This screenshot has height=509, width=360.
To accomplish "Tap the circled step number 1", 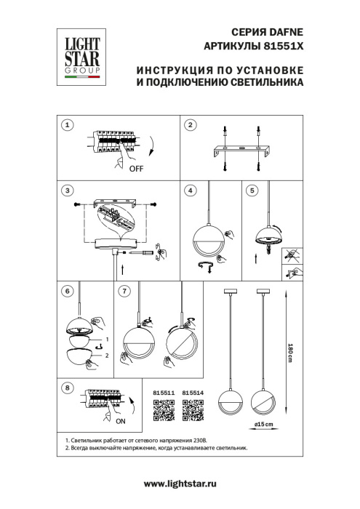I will (67, 125).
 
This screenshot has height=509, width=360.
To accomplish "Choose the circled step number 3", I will (67, 191).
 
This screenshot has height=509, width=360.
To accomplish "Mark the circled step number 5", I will (252, 191).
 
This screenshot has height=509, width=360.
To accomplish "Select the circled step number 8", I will (67, 388).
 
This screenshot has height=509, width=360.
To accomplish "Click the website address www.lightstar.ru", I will (180, 484).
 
